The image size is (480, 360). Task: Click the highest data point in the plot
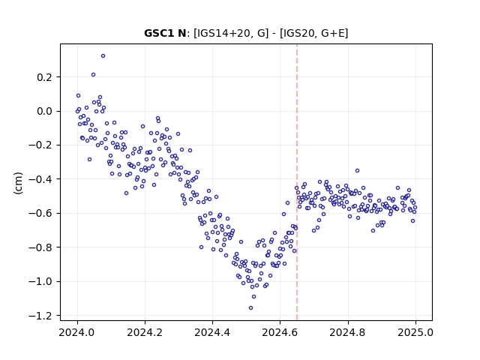click(103, 56)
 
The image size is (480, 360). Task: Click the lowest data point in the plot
click(250, 308)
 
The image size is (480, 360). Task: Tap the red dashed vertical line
click(297, 182)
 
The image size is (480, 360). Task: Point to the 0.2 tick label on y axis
click(45, 77)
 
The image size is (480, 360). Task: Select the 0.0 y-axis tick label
click(45, 111)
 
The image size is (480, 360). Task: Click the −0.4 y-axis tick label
click(40, 179)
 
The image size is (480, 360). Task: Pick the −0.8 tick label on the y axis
click(40, 247)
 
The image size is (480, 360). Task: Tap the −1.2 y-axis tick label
click(40, 315)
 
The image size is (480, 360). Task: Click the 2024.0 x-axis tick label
click(77, 332)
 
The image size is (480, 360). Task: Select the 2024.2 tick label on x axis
click(145, 332)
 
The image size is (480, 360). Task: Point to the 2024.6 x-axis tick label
click(280, 332)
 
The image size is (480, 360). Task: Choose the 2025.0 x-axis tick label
click(415, 332)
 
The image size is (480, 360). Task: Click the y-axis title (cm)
click(18, 183)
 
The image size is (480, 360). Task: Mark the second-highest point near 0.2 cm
click(93, 75)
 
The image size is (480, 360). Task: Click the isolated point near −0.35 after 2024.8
click(357, 171)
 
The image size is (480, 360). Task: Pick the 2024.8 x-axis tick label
click(348, 332)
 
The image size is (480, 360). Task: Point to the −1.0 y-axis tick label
click(40, 281)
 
